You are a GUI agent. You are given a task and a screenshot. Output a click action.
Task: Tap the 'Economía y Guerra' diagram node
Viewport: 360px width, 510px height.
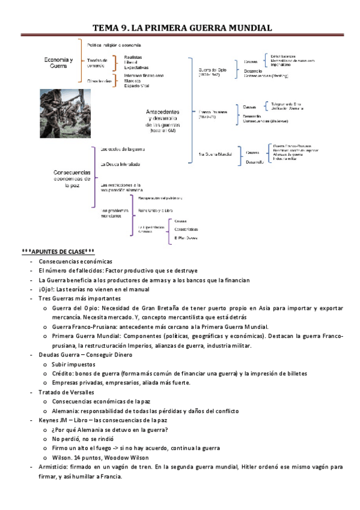coord(59,63)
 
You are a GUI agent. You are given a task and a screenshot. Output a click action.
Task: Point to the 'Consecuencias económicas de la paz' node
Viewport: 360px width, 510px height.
coord(72,178)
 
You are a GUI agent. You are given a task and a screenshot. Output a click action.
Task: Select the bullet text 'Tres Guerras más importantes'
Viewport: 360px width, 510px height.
coord(79,299)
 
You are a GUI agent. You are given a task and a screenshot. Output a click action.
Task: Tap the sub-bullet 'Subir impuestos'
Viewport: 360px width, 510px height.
coord(75,364)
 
